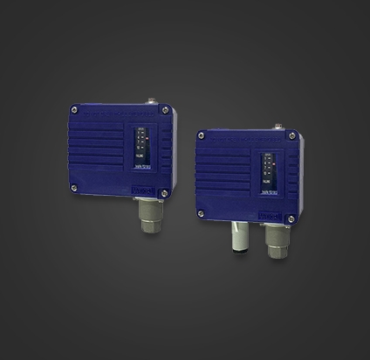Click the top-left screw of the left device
(74, 111)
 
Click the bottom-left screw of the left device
(74, 188)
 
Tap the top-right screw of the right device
(296, 137)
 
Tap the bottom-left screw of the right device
(202, 212)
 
